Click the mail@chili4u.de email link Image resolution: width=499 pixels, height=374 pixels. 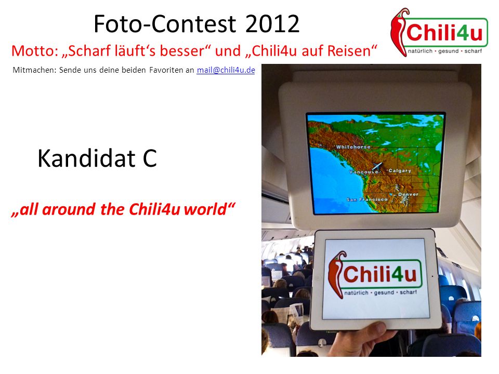pyautogui.click(x=226, y=70)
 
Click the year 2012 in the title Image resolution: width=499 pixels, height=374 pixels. pyautogui.click(x=272, y=24)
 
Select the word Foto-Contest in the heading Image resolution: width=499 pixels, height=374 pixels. pyautogui.click(x=165, y=24)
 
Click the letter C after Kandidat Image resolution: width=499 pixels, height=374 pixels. pyautogui.click(x=150, y=158)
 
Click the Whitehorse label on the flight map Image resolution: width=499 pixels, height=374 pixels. pyautogui.click(x=353, y=147)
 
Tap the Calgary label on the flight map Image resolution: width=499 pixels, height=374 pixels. pyautogui.click(x=400, y=171)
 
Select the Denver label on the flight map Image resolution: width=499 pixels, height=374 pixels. pyautogui.click(x=409, y=194)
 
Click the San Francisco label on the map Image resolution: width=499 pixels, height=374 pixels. pyautogui.click(x=366, y=199)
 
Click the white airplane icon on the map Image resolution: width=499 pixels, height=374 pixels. pyautogui.click(x=377, y=166)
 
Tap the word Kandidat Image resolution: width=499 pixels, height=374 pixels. pyautogui.click(x=86, y=158)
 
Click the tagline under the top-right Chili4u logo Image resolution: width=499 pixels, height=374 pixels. pyautogui.click(x=445, y=51)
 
